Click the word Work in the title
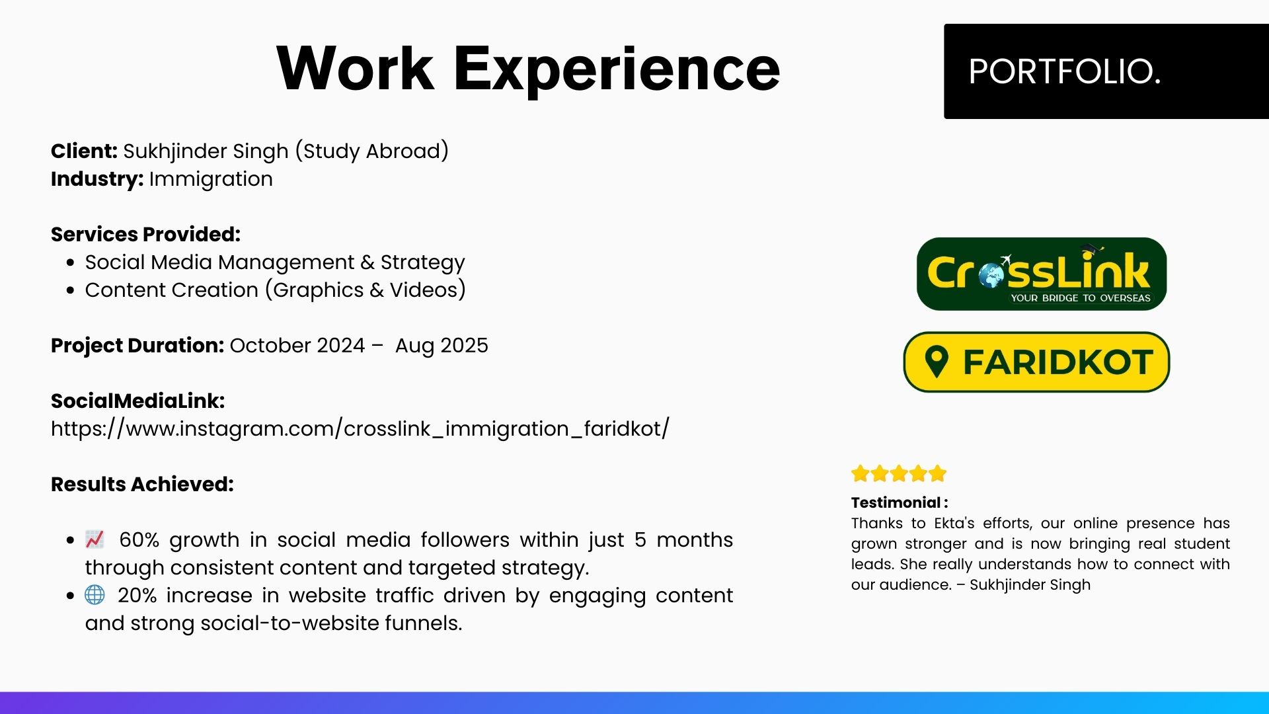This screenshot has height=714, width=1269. [x=355, y=68]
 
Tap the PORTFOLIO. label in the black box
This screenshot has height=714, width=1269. [x=1064, y=71]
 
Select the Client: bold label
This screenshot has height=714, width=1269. [x=84, y=151]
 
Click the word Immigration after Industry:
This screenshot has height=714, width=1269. [x=211, y=179]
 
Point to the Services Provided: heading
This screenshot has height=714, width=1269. [x=145, y=235]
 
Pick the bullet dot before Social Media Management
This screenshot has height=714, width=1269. [x=71, y=262]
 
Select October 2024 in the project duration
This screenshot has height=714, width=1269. [x=297, y=346]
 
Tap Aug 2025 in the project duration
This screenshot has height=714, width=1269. [x=442, y=346]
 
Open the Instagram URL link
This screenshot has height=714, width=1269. [x=360, y=429]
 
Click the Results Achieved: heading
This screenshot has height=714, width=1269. [x=142, y=485]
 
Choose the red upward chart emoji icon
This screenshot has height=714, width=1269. [x=95, y=539]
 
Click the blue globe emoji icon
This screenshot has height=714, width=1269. [x=95, y=595]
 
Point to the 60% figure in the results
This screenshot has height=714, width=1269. [x=139, y=540]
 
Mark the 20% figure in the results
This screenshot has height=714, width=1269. [x=137, y=596]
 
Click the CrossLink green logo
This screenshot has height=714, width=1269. [x=1042, y=274]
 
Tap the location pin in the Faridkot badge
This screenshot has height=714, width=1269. [x=937, y=362]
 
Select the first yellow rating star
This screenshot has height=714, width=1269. [x=861, y=473]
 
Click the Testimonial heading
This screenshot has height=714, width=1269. [x=900, y=502]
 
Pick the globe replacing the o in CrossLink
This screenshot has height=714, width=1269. [x=992, y=275]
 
